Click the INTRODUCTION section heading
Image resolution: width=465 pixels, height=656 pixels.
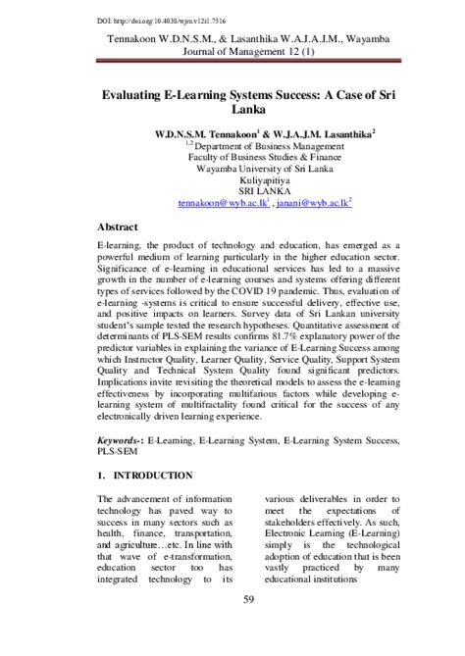point(151,475)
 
